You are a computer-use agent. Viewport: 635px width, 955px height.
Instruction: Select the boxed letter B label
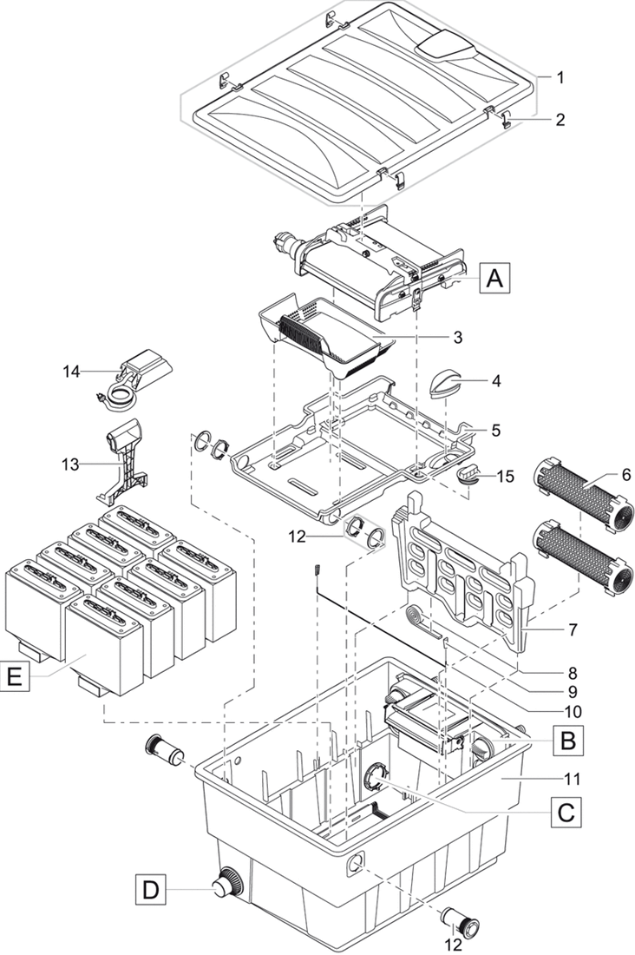567,740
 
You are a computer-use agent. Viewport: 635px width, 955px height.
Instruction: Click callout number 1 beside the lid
561,77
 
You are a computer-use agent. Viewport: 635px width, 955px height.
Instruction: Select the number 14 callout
71,372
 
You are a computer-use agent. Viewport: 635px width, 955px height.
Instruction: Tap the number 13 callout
71,464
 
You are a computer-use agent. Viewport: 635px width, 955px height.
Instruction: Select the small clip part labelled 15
469,474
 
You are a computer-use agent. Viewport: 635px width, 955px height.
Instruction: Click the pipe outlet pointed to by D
226,885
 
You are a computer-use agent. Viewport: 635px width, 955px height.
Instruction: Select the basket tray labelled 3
330,334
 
